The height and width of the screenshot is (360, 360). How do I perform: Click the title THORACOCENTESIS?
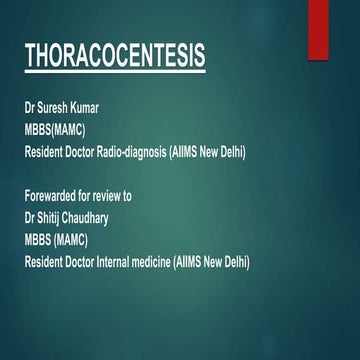tap(114, 57)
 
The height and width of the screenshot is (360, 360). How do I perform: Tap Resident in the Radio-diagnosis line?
tap(46, 151)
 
